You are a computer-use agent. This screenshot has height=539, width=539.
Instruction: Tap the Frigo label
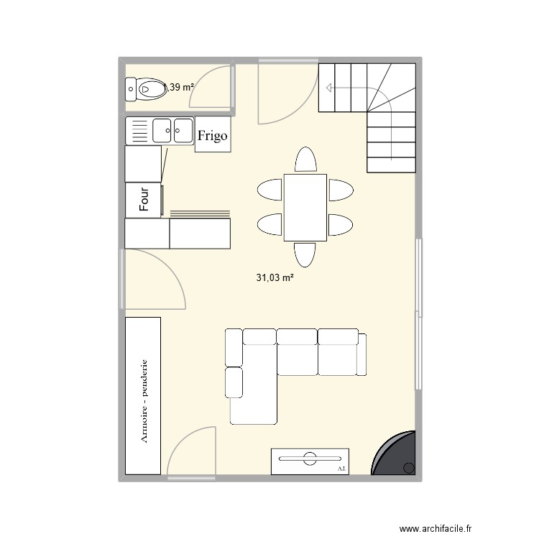pos(213,135)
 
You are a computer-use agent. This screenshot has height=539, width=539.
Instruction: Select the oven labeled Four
pos(144,200)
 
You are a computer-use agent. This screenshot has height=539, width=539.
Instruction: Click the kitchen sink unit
pos(160,131)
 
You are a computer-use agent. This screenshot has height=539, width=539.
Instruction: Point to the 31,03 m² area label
pos(276,277)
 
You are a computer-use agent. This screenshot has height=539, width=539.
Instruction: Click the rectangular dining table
pos(305,207)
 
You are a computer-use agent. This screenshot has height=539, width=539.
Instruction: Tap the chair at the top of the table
pos(305,160)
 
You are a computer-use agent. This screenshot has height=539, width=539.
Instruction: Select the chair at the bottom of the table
pos(305,254)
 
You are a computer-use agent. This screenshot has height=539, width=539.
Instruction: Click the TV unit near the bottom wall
pos(310,460)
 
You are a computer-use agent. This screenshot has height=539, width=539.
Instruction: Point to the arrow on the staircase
pos(329,88)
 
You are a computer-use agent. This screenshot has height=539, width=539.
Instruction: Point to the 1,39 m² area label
pos(180,88)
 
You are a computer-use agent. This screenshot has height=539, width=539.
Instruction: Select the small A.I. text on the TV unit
pos(341,468)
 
